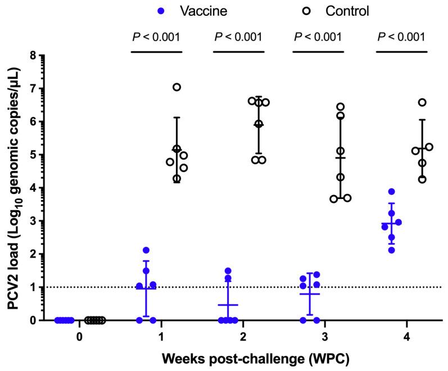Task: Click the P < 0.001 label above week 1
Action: pos(156,38)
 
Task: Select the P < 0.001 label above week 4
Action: pos(401,38)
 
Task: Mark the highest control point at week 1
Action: pos(177,87)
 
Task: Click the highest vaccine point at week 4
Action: pos(391,192)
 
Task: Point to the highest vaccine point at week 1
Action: pos(146,250)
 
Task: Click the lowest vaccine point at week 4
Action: pos(391,250)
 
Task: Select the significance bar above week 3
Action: pos(318,52)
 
